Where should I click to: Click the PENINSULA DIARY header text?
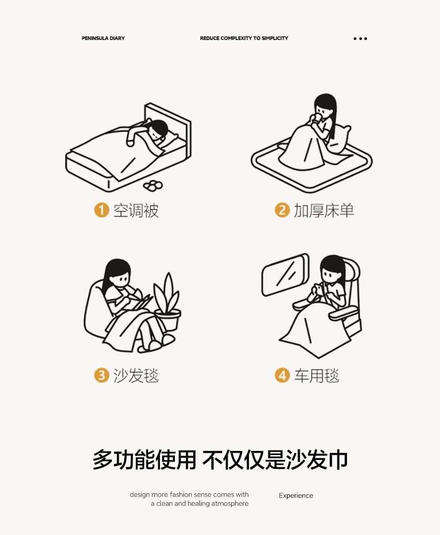[x=103, y=38]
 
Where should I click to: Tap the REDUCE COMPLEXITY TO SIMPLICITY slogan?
[x=244, y=38]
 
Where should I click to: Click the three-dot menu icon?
[x=360, y=38]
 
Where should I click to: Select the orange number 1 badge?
[x=101, y=210]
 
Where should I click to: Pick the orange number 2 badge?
[x=282, y=210]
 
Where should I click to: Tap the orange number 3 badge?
[x=101, y=375]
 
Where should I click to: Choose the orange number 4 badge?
[x=282, y=375]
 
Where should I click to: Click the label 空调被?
[x=136, y=211]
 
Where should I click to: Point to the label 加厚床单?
[x=324, y=211]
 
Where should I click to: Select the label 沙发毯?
[x=136, y=375]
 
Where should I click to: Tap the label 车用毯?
[x=317, y=375]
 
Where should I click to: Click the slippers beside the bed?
[x=153, y=186]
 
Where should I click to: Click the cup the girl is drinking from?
[x=316, y=118]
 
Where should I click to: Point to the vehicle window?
[x=285, y=275]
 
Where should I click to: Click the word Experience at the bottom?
[x=296, y=496]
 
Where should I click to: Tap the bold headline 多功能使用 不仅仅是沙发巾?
[x=220, y=459]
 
